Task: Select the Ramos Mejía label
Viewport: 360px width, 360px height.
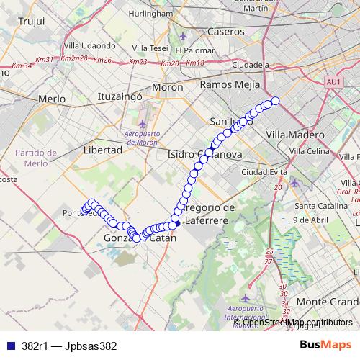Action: point(230,84)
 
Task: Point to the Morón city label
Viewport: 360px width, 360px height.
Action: point(167,86)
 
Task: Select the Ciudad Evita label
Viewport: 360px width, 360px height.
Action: point(264,173)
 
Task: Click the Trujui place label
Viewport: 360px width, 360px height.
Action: point(31,22)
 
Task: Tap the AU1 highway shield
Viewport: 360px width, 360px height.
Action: point(333,84)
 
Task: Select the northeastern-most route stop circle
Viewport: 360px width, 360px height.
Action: point(275,101)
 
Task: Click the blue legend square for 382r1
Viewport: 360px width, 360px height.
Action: point(9,346)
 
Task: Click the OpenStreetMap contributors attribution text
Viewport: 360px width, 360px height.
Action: point(297,322)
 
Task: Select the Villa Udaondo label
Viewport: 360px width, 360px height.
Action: point(89,45)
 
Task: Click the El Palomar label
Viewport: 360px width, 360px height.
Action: point(194,51)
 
